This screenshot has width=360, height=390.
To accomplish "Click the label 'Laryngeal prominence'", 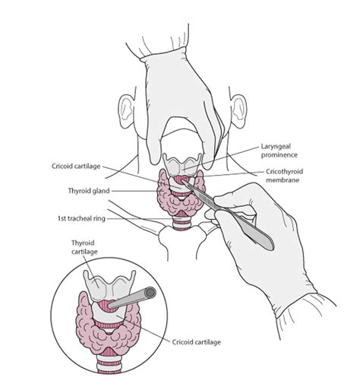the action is [x=279, y=151].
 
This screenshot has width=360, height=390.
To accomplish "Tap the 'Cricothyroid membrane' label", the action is [x=284, y=176].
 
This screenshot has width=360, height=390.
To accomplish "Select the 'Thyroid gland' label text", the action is [x=89, y=191].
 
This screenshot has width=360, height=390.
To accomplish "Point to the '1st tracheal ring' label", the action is [x=81, y=218].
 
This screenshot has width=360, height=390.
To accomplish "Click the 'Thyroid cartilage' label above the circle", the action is [x=84, y=247].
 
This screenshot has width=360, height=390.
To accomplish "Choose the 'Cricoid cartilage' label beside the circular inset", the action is [x=197, y=342].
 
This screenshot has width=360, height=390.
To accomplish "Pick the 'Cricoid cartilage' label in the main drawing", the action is [x=76, y=166].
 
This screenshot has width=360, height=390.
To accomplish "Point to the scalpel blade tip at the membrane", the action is [x=183, y=181].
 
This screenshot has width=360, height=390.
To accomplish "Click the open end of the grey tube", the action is [x=150, y=293].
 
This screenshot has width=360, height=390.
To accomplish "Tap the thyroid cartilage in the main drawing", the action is [x=182, y=165].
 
